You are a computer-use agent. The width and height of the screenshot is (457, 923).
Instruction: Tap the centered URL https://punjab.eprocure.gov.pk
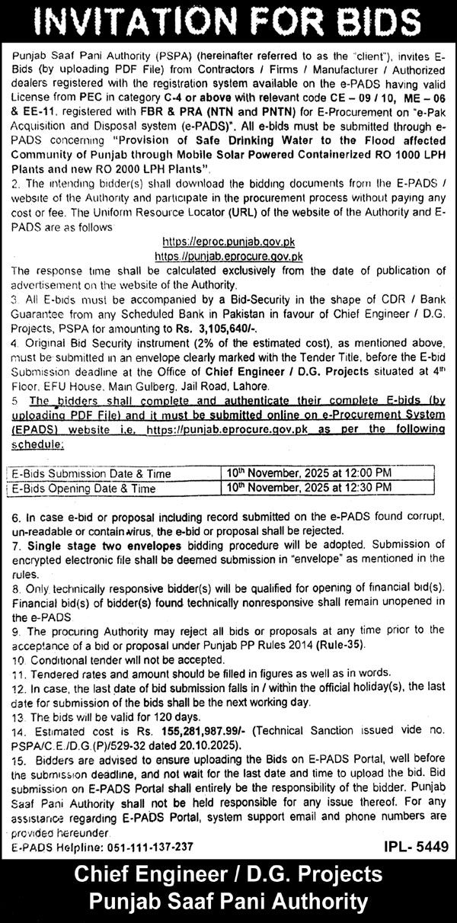[x=228, y=257]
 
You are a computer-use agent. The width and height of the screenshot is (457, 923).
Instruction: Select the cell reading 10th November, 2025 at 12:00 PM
[x=308, y=473]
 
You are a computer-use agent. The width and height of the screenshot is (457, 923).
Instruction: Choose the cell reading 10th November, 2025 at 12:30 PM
[x=308, y=487]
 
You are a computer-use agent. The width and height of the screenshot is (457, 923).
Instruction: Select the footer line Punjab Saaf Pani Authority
[x=228, y=903]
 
